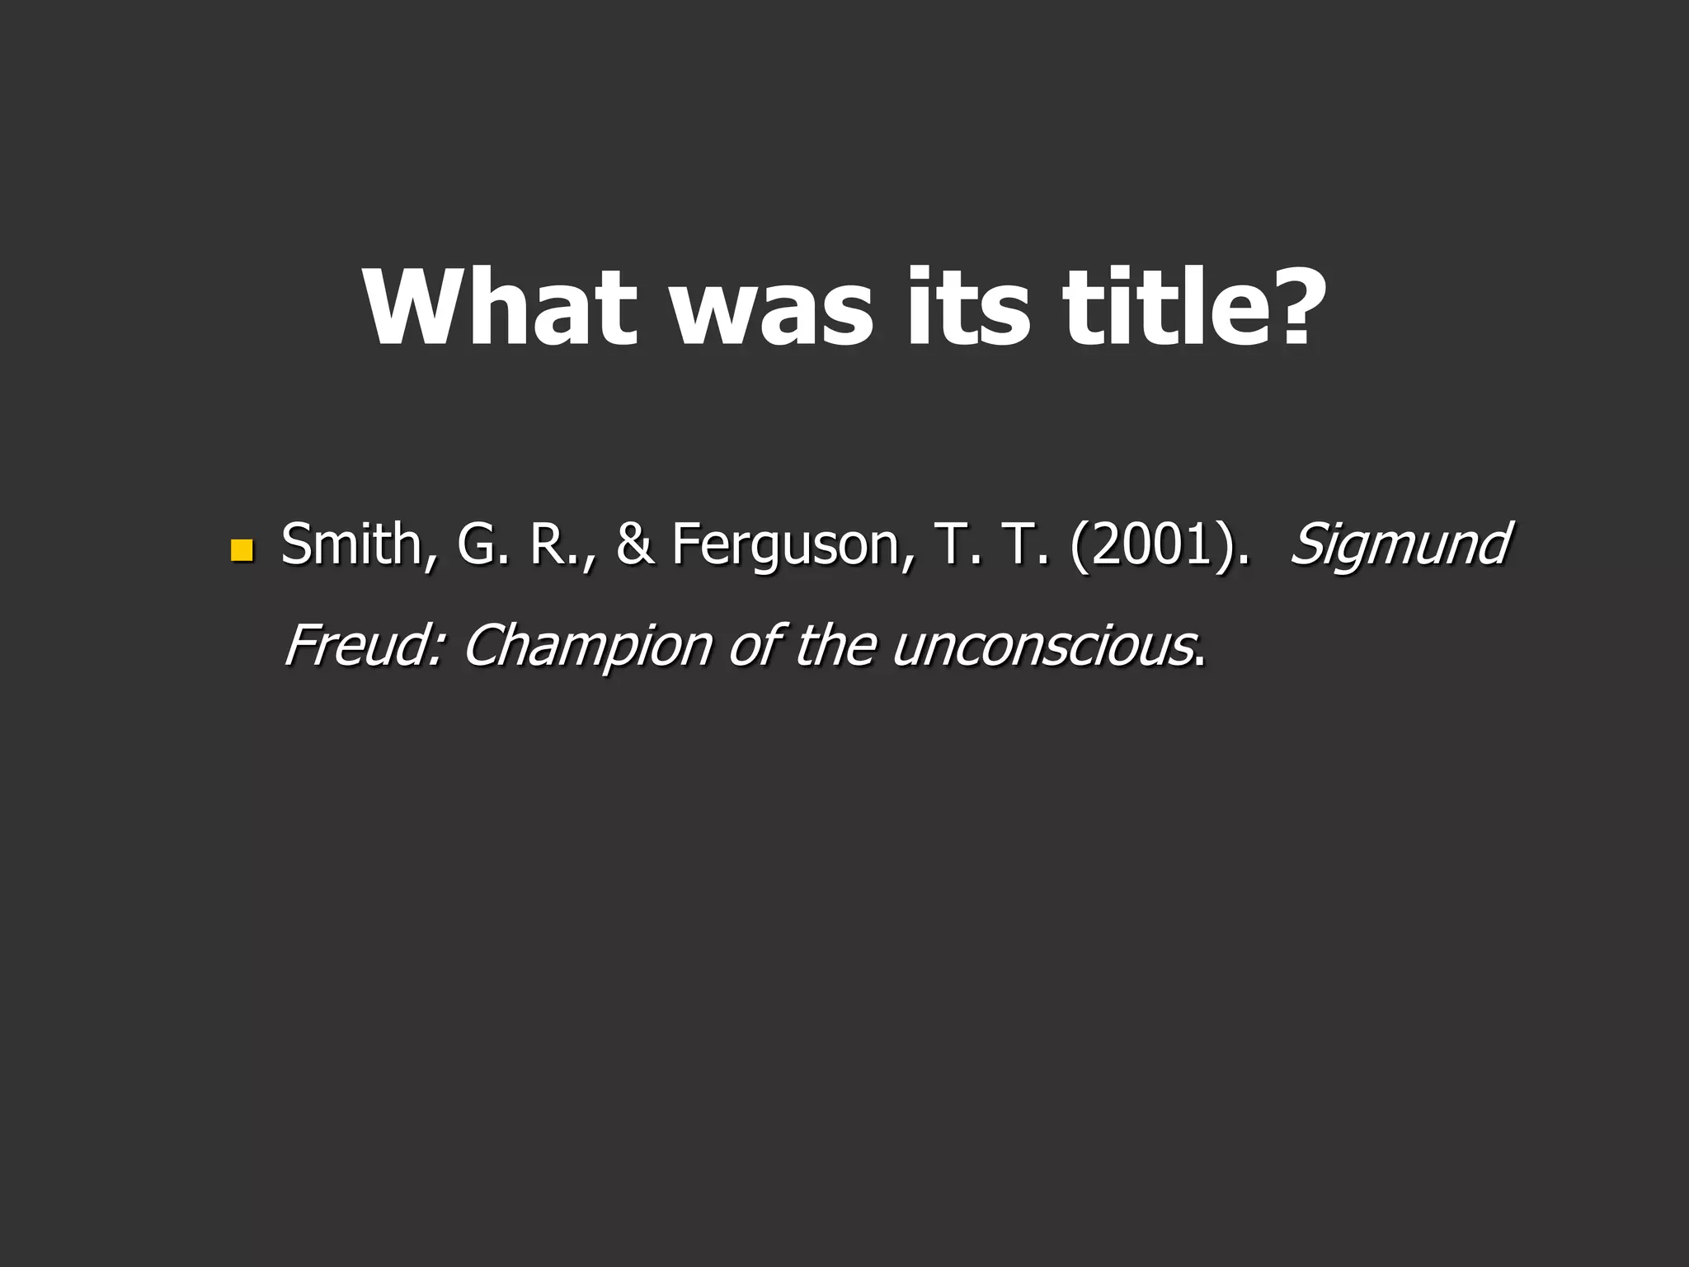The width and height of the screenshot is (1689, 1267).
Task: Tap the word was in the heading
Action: (x=774, y=308)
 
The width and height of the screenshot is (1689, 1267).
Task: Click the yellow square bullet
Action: (x=241, y=549)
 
